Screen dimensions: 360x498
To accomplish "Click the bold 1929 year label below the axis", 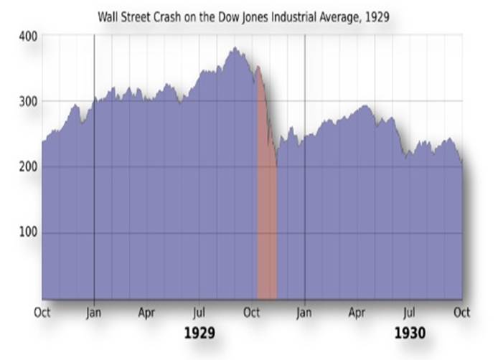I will (199, 333).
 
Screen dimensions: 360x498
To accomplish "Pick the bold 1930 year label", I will (410, 333).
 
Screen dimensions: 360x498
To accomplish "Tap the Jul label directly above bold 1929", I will (199, 313).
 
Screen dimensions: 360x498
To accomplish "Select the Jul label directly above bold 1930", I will (410, 313).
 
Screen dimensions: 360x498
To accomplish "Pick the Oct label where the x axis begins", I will (42, 313).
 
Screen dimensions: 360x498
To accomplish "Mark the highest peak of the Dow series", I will (234, 48).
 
